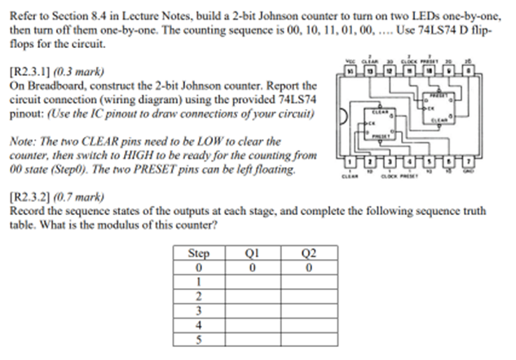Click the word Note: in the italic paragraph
(20, 141)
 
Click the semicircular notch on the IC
(342, 116)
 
